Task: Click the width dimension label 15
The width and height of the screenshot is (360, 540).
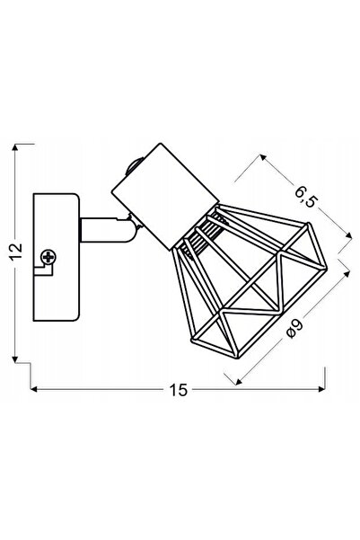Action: (179, 390)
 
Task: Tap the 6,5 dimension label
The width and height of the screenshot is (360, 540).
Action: (304, 196)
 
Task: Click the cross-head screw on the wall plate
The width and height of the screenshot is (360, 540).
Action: (48, 257)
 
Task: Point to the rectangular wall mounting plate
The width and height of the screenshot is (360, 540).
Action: (57, 257)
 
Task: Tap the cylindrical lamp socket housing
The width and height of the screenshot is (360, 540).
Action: (165, 196)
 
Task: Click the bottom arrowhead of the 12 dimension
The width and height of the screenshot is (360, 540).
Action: (14, 359)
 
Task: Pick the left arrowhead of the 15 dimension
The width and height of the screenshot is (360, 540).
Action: (34, 389)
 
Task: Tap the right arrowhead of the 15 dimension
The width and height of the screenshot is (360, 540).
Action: (321, 389)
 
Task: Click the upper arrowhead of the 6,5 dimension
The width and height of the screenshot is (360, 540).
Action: (263, 157)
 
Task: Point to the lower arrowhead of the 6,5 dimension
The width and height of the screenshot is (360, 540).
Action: (348, 235)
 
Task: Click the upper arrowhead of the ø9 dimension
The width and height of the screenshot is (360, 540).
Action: (347, 274)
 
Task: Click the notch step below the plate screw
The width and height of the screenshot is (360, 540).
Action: (44, 270)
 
